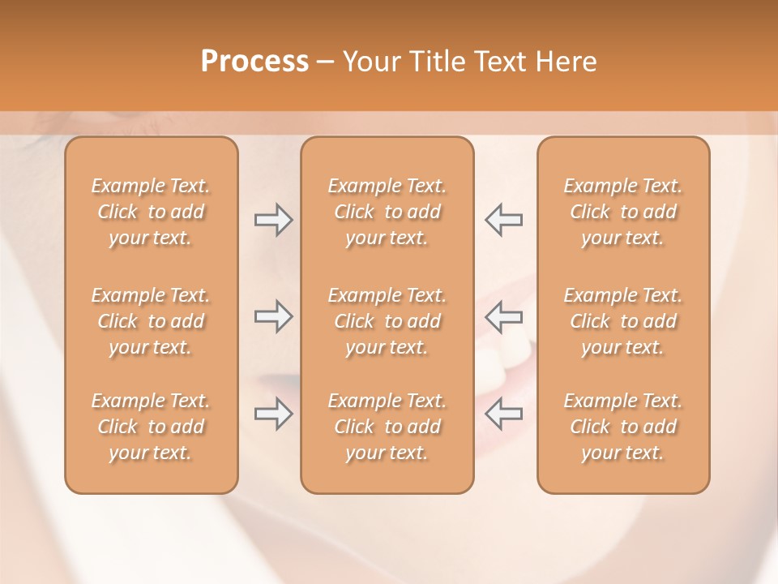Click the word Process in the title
(x=254, y=62)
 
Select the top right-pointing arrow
(x=273, y=220)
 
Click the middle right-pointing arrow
(x=273, y=316)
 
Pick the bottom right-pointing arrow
(x=273, y=414)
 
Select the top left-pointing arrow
(x=504, y=220)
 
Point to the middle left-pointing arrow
(x=504, y=316)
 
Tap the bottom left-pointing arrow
(x=504, y=414)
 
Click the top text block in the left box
(x=151, y=212)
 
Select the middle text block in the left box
(x=151, y=321)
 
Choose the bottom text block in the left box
(x=151, y=427)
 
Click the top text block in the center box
(x=387, y=212)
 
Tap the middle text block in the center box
(x=387, y=321)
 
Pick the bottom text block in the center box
(x=387, y=427)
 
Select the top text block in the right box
(x=623, y=212)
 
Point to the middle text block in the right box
(x=623, y=321)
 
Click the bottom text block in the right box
(x=623, y=427)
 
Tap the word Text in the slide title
(x=501, y=62)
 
